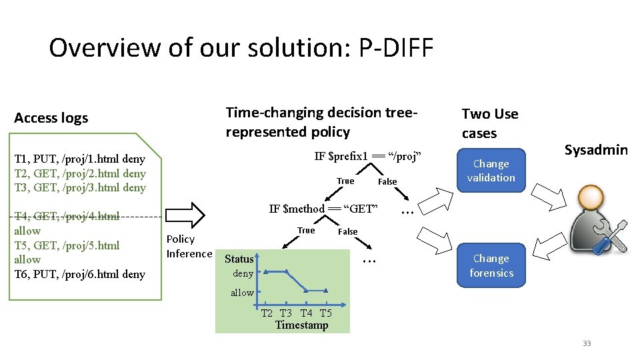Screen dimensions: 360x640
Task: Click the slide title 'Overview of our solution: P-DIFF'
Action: tap(241, 48)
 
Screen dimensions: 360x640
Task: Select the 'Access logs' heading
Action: tap(51, 118)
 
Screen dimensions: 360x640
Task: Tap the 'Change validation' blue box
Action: tap(491, 171)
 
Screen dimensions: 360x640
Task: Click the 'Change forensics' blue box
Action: tap(491, 265)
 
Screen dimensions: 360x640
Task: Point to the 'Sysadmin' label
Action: tap(596, 149)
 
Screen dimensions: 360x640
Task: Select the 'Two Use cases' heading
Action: tap(489, 123)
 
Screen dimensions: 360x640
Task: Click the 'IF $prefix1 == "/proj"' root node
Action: tap(369, 156)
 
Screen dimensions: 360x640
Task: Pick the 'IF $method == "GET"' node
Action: tap(323, 209)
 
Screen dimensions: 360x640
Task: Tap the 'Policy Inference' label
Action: tap(189, 246)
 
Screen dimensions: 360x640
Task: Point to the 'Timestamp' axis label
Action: tap(301, 325)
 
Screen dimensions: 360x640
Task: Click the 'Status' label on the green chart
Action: tap(239, 259)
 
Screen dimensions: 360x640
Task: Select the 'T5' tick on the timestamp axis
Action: tap(325, 313)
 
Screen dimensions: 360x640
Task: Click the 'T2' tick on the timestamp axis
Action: tap(267, 313)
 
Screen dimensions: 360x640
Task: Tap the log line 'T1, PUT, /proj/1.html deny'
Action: tap(79, 159)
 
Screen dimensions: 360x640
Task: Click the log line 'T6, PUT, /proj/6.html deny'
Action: tap(79, 274)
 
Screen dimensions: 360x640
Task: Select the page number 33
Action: tap(587, 343)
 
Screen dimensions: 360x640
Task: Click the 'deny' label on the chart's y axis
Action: tap(243, 273)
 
